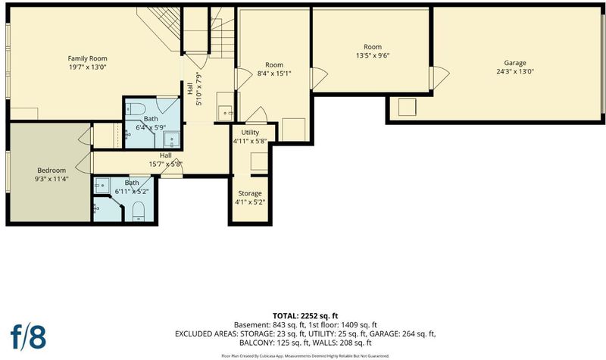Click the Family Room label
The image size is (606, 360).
click(x=87, y=58)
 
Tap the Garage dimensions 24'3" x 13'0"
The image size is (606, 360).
click(x=515, y=71)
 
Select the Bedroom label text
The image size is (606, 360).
click(x=52, y=170)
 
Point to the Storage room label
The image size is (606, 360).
click(x=250, y=193)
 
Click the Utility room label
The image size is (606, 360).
click(x=250, y=132)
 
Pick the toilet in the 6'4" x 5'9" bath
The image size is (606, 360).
click(x=136, y=108)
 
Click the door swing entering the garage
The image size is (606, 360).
click(x=441, y=78)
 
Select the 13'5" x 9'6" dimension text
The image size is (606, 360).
click(x=373, y=55)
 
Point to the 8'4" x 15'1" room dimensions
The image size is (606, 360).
click(x=274, y=73)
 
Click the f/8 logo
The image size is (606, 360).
click(x=28, y=337)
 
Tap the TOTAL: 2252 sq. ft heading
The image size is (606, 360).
click(x=305, y=316)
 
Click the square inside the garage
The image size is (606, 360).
click(x=407, y=107)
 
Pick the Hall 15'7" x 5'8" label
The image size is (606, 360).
click(x=166, y=160)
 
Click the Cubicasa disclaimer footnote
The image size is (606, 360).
click(x=305, y=355)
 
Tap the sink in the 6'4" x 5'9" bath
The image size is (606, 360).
click(x=171, y=139)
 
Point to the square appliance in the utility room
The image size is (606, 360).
click(x=259, y=161)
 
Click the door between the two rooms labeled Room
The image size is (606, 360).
click(x=319, y=78)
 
